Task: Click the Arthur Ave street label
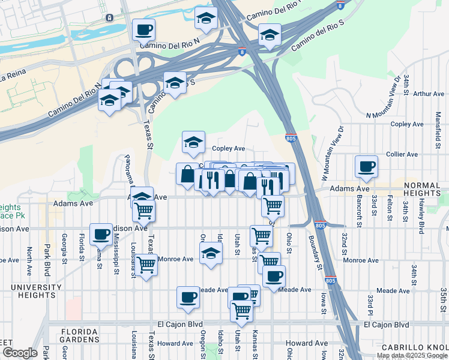[x=429, y=94]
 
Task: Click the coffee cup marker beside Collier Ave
[x=366, y=167]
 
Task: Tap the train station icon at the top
[x=110, y=17]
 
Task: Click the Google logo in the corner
[x=20, y=353]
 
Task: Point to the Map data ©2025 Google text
[x=412, y=355]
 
